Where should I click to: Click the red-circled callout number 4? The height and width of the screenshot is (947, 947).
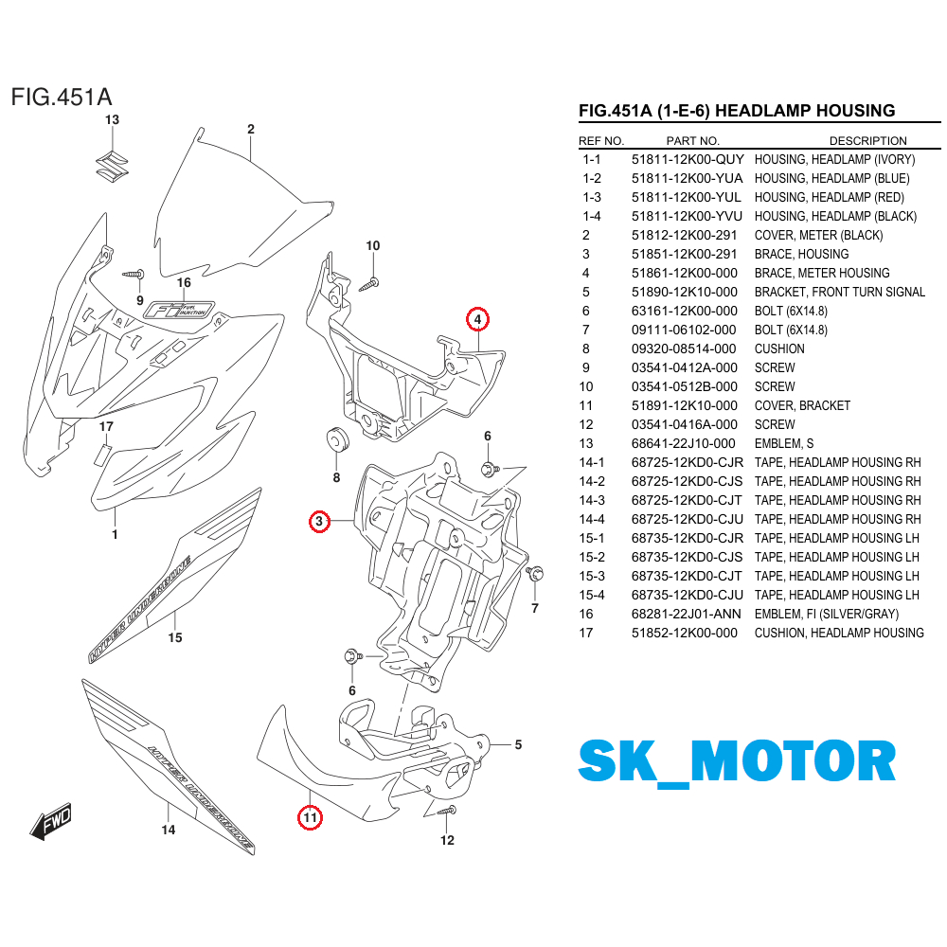(x=478, y=320)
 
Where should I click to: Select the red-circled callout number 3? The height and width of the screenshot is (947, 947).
(x=320, y=521)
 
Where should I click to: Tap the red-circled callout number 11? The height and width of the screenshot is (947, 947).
(x=310, y=816)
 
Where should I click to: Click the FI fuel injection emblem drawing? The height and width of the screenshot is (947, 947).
(x=178, y=310)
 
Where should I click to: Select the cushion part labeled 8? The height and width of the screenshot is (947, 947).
(x=335, y=442)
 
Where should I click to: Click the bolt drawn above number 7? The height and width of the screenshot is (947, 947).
(x=534, y=574)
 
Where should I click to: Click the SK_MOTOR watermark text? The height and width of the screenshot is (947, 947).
(x=737, y=761)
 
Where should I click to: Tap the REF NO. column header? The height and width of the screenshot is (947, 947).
(x=601, y=141)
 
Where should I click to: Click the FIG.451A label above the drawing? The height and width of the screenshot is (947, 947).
(x=62, y=98)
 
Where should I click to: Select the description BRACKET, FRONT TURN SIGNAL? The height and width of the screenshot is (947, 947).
(x=839, y=292)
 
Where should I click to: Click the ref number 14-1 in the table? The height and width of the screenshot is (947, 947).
(x=592, y=462)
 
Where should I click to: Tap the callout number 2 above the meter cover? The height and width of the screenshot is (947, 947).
(x=251, y=130)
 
